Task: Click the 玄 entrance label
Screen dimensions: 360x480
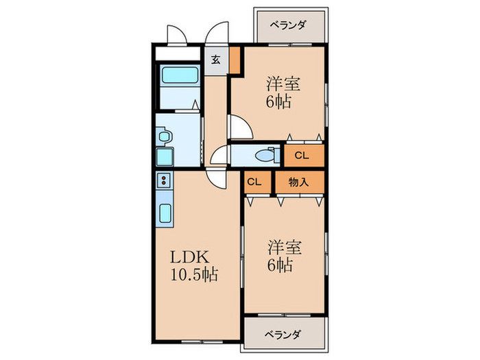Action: [x=215, y=60]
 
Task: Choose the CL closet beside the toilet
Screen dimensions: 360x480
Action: [x=302, y=155]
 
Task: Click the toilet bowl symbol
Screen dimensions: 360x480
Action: [x=263, y=156]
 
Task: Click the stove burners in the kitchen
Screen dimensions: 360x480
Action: [x=165, y=181]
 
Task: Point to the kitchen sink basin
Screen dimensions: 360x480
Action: [x=167, y=213]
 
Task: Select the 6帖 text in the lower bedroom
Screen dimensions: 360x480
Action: [x=280, y=264]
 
